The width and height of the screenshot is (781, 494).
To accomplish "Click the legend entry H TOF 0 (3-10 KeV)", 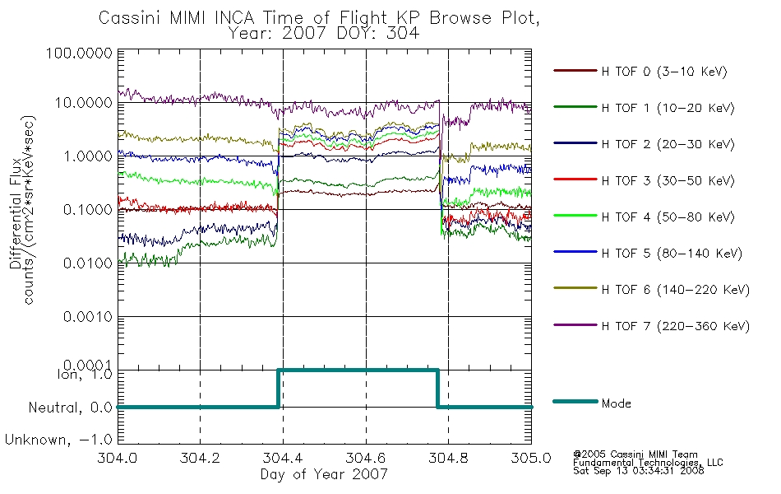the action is (664, 72).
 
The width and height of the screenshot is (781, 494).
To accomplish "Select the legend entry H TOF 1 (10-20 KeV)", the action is (668, 108).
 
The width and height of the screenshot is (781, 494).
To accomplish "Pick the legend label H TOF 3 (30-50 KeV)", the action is (668, 180).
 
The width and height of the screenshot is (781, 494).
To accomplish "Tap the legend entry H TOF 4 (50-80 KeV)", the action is (668, 217).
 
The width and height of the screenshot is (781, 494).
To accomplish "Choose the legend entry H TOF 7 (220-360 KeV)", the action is (676, 326).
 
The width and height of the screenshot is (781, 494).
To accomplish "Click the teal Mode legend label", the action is (616, 403).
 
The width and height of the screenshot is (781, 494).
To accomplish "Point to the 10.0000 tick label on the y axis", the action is (84, 103).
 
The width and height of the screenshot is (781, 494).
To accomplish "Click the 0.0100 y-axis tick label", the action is (88, 263).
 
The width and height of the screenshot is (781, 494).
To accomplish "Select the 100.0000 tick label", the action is (80, 53).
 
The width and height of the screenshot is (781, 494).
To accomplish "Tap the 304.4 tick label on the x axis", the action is (283, 458).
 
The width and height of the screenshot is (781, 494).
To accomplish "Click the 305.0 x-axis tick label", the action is (531, 458).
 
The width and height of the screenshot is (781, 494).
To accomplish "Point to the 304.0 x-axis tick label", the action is (118, 458).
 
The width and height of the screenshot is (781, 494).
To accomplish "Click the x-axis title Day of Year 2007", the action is (324, 474).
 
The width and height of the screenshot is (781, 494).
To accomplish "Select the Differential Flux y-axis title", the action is (15, 213).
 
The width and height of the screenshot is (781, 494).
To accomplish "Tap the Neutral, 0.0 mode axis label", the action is (71, 408).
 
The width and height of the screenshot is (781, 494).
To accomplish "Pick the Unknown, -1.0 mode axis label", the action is (58, 440).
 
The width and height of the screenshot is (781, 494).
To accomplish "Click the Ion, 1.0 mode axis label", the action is (85, 374).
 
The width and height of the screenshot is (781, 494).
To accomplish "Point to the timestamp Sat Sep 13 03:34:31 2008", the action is (639, 471).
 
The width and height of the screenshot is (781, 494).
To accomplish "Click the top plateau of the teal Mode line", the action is (358, 370).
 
